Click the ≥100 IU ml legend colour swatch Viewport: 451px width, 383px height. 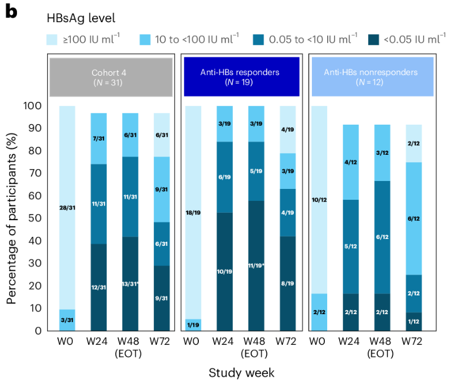(52, 40)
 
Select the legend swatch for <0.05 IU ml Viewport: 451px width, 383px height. (373, 40)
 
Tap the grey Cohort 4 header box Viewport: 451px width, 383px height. (111, 77)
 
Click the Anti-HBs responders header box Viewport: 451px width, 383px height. (241, 77)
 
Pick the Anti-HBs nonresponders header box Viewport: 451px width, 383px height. (373, 77)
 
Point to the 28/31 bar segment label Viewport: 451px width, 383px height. (67, 208)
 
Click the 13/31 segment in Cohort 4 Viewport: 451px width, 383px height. (130, 283)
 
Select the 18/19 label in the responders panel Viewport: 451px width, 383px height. (193, 213)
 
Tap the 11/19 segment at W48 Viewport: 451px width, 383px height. (256, 266)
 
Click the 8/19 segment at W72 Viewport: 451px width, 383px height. (287, 283)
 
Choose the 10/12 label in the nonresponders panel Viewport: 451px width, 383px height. (319, 200)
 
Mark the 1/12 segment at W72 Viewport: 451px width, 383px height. (414, 322)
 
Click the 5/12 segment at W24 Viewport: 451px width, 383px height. (351, 246)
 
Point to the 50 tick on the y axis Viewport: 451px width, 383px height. (35, 218)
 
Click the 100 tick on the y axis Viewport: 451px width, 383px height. (32, 106)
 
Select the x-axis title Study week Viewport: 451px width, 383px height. (241, 373)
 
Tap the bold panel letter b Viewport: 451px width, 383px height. (11, 12)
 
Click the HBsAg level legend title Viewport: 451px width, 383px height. (81, 18)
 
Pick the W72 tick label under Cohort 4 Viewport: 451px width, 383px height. (160, 341)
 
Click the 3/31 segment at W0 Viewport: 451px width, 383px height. (67, 320)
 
